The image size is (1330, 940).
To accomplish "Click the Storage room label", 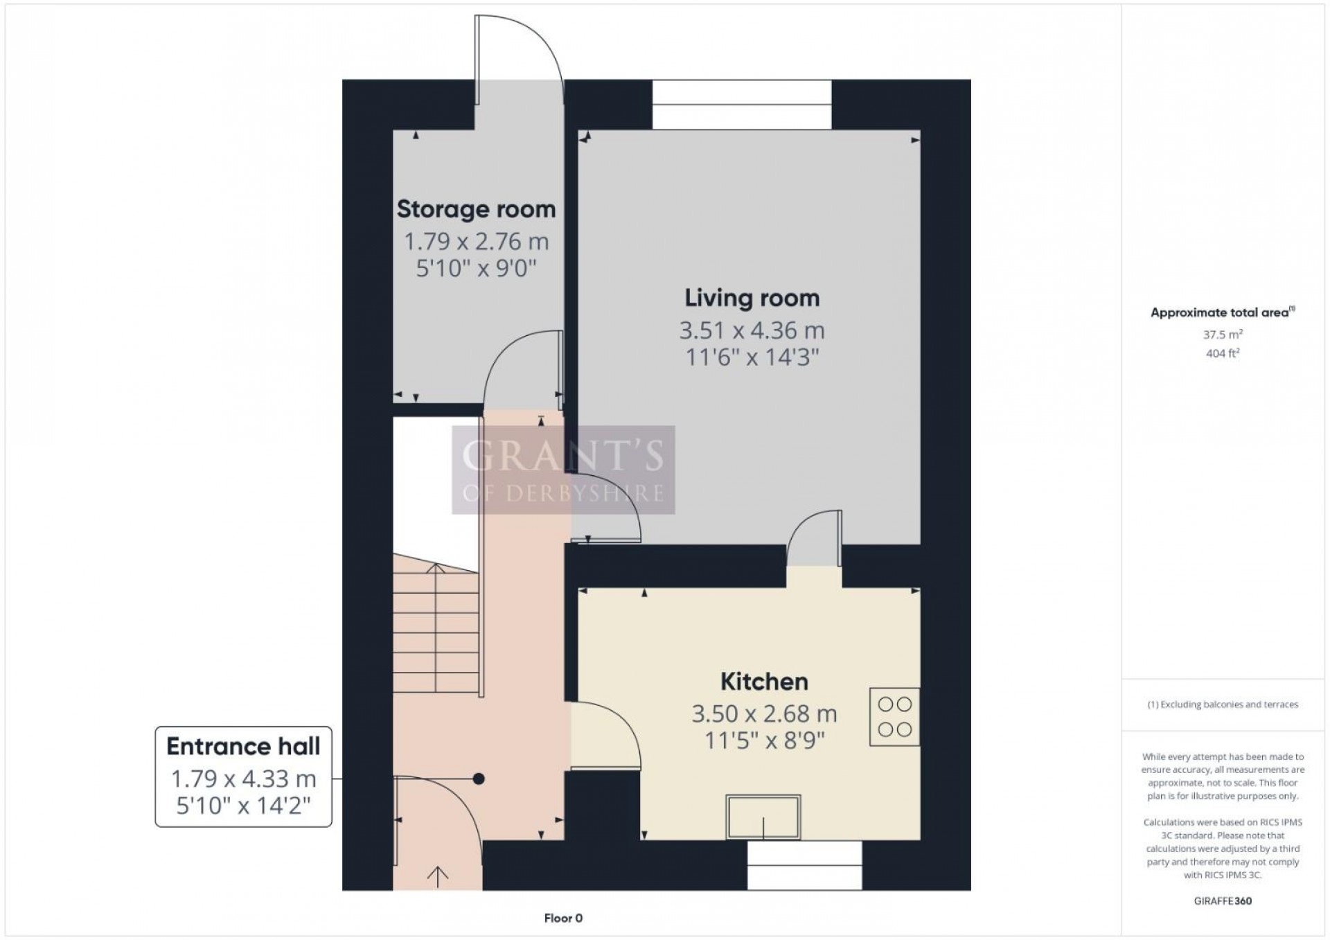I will (x=476, y=209).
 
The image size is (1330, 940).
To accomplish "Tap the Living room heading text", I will (x=752, y=298).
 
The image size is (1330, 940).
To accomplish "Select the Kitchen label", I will (x=764, y=682).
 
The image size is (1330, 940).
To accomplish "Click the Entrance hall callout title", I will (x=243, y=747).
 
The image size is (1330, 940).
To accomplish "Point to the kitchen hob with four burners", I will (x=894, y=717).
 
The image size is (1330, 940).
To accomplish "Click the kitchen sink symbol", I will (x=763, y=817).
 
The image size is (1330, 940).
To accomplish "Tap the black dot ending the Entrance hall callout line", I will (x=478, y=779).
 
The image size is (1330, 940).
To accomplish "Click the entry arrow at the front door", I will (x=437, y=876).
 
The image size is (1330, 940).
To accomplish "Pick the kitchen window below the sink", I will (x=804, y=865).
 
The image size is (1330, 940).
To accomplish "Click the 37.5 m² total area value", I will (x=1223, y=335).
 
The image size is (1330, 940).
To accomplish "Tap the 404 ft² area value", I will (x=1223, y=353).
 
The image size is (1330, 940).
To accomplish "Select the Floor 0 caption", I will (x=563, y=919).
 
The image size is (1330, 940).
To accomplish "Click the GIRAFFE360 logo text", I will (x=1223, y=901).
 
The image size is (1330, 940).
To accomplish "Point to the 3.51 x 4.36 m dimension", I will (x=752, y=331).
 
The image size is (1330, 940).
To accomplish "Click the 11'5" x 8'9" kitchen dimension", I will (x=764, y=741).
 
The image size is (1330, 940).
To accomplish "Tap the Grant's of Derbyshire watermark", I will (x=563, y=470).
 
